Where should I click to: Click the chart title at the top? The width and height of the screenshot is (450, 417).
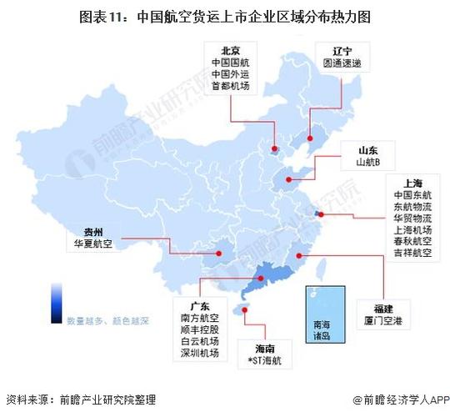click(224, 16)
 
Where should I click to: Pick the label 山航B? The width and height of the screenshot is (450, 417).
click(368, 162)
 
